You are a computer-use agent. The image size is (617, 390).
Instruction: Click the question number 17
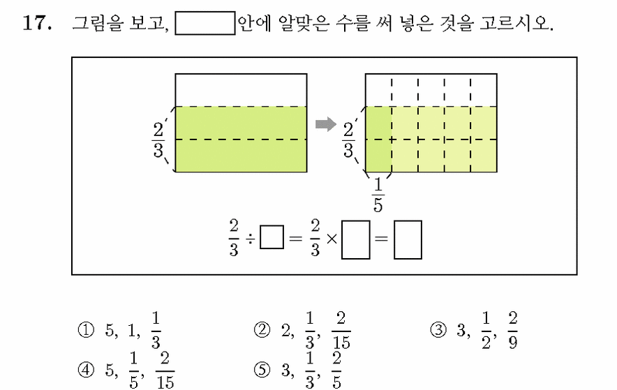coord(37,23)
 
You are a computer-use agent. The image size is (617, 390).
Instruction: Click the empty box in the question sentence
coord(205,23)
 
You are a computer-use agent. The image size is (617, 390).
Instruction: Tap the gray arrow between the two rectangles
coord(326,125)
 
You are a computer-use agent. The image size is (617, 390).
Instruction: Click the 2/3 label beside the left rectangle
coord(158,140)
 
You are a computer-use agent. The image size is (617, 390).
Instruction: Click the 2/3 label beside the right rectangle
coord(348,140)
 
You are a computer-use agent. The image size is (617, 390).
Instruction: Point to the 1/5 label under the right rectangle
coord(378,195)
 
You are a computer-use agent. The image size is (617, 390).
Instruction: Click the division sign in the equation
coord(251,238)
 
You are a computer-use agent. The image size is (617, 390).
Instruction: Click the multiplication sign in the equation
coord(332,239)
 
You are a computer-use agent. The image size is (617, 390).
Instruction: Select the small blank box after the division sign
coord(272,237)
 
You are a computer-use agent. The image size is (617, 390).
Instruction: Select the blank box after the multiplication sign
coord(356,240)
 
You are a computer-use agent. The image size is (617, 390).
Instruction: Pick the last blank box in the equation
coord(408,240)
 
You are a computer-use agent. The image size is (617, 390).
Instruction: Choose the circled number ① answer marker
coord(86,330)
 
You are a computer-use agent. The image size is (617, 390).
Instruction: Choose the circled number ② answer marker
coord(262,330)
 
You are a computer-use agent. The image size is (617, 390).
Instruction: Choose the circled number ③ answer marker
coord(438,330)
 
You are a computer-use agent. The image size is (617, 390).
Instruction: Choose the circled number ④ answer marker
coord(86,370)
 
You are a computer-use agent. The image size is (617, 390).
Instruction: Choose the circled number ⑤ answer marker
coord(262,370)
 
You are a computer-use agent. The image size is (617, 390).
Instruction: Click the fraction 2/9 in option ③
coord(512,331)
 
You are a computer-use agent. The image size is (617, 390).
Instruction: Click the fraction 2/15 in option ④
coord(165,370)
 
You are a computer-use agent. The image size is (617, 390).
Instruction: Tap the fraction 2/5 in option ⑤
coord(336,370)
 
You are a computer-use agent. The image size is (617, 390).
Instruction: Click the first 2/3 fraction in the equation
coord(234,238)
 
